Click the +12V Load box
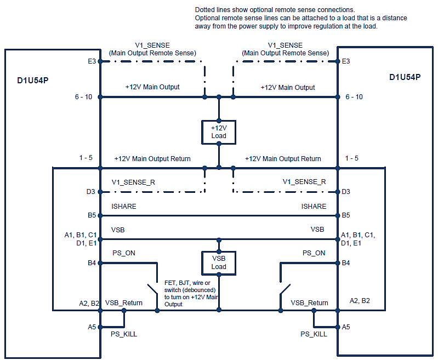[x=219, y=132]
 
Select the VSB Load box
[x=219, y=262]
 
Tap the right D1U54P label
[x=405, y=77]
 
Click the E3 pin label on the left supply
[x=92, y=61]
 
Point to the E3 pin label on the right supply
[x=346, y=61]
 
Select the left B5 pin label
[x=92, y=215]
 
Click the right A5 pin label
[x=346, y=327]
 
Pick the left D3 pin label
[x=92, y=192]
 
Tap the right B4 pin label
[x=346, y=263]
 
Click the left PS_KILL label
[x=124, y=334]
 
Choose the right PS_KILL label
[x=314, y=334]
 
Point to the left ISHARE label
[x=124, y=207]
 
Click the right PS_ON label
[x=314, y=253]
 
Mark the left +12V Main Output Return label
[x=152, y=158]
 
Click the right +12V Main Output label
[x=288, y=87]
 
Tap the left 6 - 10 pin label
[x=84, y=97]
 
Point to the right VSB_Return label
[x=309, y=303]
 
